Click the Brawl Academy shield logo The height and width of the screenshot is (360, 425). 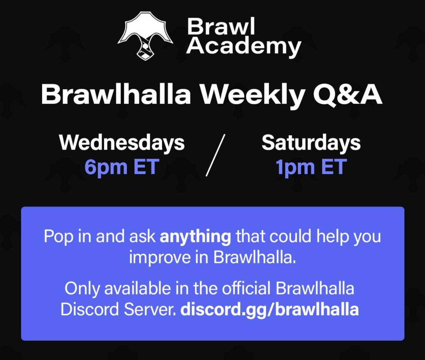145,35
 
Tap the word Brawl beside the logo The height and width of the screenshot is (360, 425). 221,26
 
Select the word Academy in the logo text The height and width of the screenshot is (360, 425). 243,47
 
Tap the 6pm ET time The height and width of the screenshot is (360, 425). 122,167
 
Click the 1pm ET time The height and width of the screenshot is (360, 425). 311,167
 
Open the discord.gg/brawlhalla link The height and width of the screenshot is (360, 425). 270,309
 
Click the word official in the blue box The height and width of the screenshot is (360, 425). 246,288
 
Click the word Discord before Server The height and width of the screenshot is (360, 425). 89,309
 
